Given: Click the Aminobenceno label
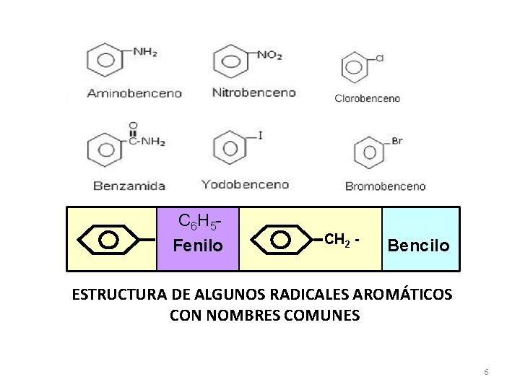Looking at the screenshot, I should pos(134,93).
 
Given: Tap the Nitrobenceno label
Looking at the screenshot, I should pos(254,92).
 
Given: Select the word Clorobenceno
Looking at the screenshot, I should pos(367,98).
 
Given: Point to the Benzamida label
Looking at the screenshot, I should pos(129,186).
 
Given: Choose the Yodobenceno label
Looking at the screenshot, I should pos(245,184).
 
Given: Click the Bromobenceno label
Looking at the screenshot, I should pos(385,186).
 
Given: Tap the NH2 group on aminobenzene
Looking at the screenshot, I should pos(145,52).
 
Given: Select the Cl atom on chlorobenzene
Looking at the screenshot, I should pos(378,58).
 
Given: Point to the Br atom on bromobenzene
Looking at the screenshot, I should pos(397,141).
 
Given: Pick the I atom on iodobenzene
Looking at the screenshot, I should pos(259,135).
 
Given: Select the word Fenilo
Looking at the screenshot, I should pos(197,246).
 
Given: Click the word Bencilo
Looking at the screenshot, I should pos(420,246).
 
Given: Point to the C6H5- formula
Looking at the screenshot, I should pos(198,220).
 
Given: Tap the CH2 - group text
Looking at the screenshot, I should pos(342,238).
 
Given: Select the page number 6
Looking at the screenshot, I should pos(486,372).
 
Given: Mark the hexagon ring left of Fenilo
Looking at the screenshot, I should pos(108,238).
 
